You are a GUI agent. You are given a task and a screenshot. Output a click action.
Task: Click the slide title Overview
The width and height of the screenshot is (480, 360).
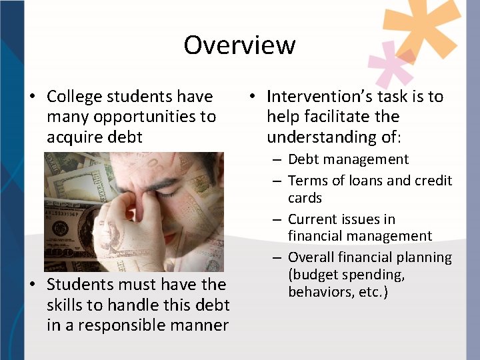tap(239, 45)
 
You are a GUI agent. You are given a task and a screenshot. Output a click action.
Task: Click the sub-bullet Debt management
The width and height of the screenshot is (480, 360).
tap(348, 159)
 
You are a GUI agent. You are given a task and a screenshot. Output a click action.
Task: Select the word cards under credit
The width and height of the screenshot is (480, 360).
tap(305, 198)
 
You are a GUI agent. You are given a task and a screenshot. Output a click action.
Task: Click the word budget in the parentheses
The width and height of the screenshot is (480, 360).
tap(317, 275)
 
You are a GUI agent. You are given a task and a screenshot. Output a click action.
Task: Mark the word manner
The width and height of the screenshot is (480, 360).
tap(201, 325)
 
